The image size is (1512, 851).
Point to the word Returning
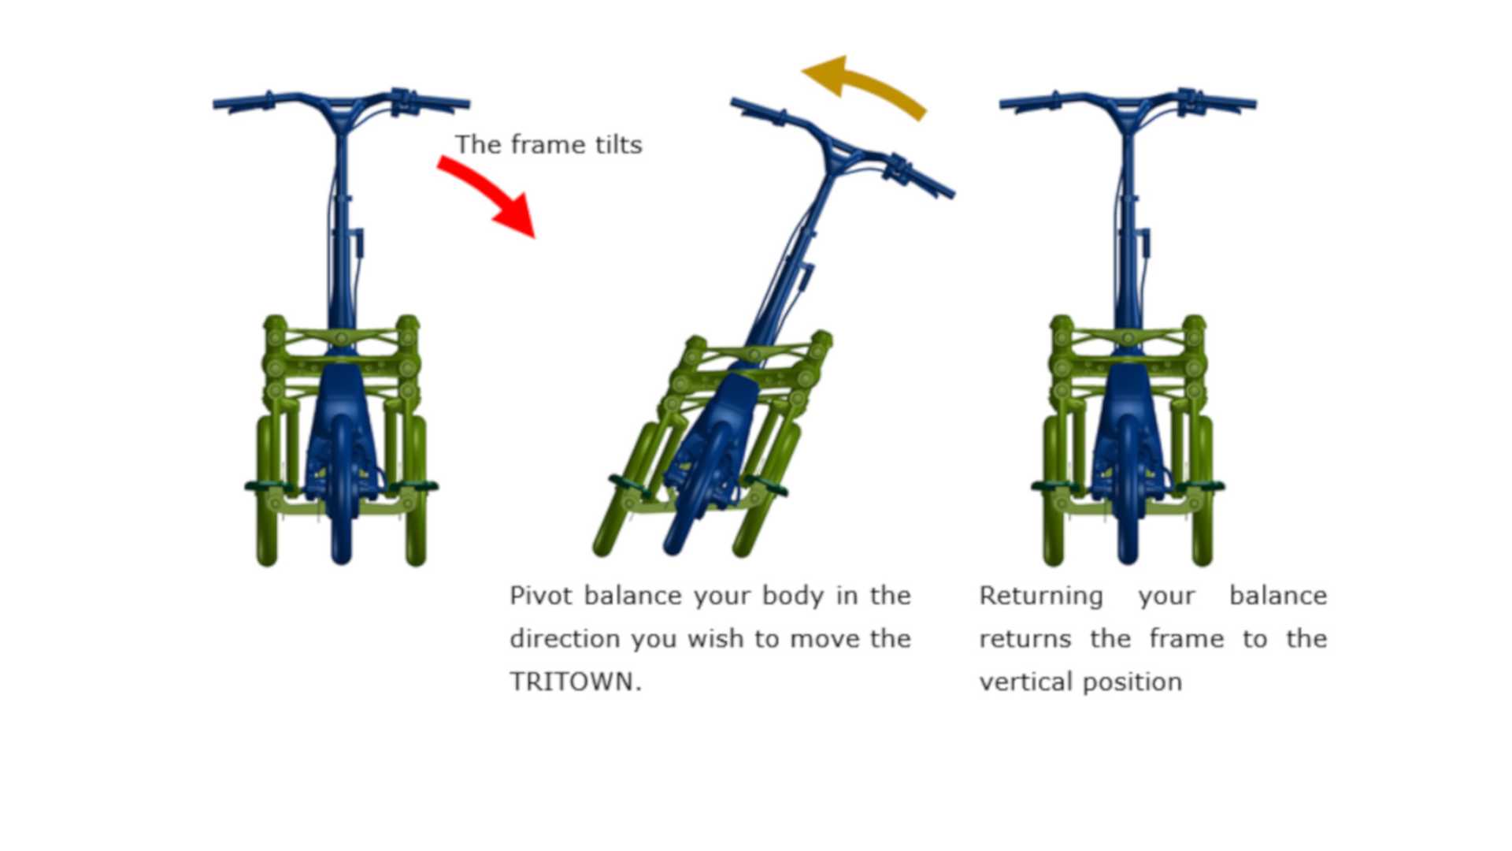point(1041,596)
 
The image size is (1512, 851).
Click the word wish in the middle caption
point(715,638)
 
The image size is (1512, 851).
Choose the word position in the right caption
point(1132,682)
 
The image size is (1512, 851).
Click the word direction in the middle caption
point(565,638)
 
